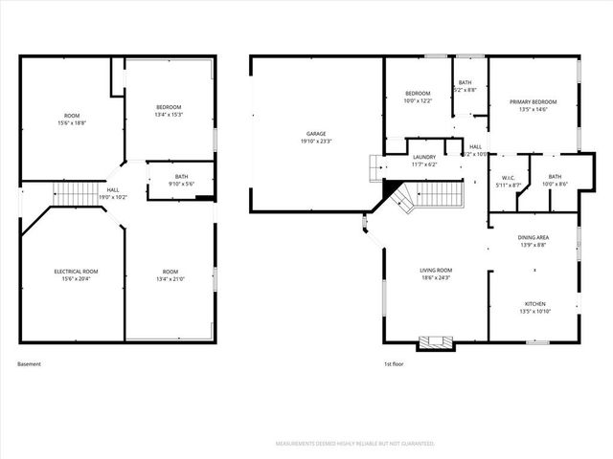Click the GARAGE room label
[316, 133]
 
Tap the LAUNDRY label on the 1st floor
[424, 157]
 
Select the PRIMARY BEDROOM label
[533, 101]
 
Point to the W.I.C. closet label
[509, 177]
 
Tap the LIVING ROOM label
[435, 271]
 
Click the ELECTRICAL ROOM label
[75, 271]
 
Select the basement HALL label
[113, 189]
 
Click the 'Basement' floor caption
[30, 363]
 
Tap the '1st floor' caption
[394, 363]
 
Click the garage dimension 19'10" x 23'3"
[316, 141]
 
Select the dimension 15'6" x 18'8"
[71, 122]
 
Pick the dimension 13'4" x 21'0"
[170, 278]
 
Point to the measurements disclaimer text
[354, 444]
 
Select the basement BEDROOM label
[169, 106]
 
